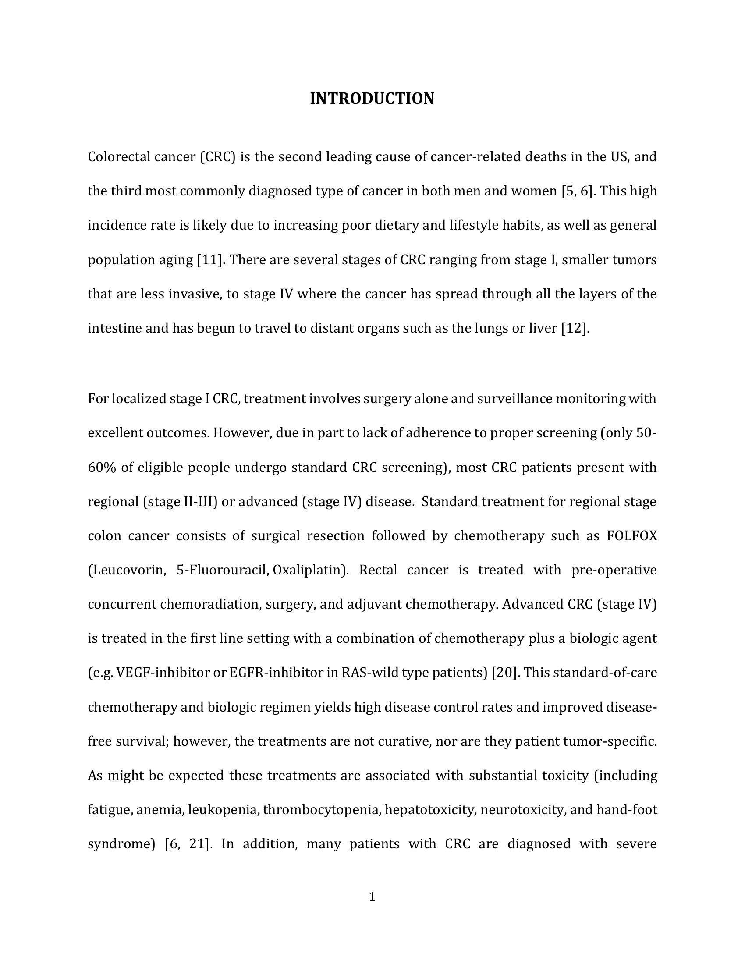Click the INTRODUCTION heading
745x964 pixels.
click(372, 99)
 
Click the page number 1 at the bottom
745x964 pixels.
click(372, 897)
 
